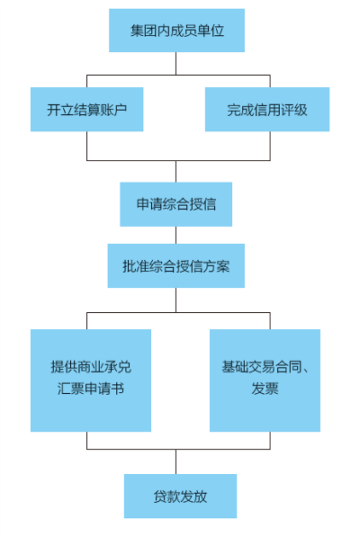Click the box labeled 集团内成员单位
pyautogui.click(x=176, y=31)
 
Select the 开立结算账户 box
pyautogui.click(x=86, y=109)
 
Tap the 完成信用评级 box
pyautogui.click(x=267, y=109)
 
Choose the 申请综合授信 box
pyautogui.click(x=176, y=204)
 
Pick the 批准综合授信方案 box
pyautogui.click(x=176, y=265)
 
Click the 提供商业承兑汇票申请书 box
pyautogui.click(x=91, y=380)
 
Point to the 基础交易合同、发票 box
pyautogui.click(x=265, y=380)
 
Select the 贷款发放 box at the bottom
pyautogui.click(x=180, y=496)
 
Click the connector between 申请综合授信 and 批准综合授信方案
pyautogui.click(x=176, y=236)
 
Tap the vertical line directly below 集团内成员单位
pyautogui.click(x=176, y=63)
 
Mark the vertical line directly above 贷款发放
pyautogui.click(x=176, y=461)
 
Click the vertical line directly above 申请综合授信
pyautogui.click(x=176, y=171)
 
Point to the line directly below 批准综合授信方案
pyautogui.click(x=176, y=300)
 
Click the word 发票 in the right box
pyautogui.click(x=265, y=389)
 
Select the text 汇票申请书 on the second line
pyautogui.click(x=91, y=389)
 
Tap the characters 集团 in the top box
pyautogui.click(x=137, y=31)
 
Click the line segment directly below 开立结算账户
pyautogui.click(x=86, y=146)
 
